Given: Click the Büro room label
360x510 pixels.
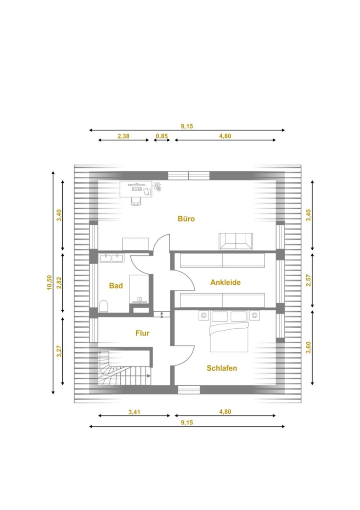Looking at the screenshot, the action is point(186,219).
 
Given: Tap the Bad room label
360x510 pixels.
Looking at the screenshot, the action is point(116,286).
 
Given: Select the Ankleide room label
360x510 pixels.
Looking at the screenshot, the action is point(226,282).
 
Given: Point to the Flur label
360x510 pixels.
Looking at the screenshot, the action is point(142,333).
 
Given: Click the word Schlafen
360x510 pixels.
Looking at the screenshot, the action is point(222,368).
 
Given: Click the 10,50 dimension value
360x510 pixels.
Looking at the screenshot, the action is point(50,282).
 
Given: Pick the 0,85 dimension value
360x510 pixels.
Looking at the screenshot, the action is point(162,136).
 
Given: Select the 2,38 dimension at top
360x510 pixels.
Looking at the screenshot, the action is point(124,136).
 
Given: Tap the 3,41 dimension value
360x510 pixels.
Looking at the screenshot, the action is point(134,412).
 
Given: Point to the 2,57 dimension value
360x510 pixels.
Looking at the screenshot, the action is point(309,280).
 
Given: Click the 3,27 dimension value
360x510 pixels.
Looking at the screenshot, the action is point(59,351).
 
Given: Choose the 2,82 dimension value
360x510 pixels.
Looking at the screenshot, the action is point(59,283).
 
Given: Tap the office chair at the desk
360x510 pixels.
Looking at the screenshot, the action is point(136,201).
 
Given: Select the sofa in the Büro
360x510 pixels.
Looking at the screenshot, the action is point(236,241).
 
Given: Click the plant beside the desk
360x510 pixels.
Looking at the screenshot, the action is point(158,187).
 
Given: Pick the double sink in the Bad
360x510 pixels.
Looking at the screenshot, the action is point(111,258).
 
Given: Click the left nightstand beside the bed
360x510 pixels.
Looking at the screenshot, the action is point(204,315).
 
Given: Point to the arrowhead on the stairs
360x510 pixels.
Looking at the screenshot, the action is point(149,376).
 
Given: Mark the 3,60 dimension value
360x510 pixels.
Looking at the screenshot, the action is point(309,348).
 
